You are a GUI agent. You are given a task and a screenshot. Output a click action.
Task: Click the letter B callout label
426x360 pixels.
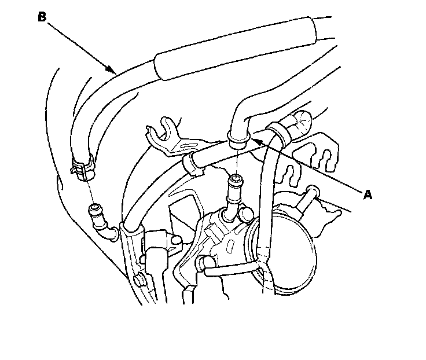pyautogui.click(x=42, y=17)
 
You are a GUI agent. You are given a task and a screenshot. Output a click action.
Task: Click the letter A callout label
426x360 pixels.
pyautogui.click(x=368, y=194)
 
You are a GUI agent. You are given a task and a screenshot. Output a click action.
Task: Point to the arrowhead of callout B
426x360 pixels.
pyautogui.click(x=113, y=70)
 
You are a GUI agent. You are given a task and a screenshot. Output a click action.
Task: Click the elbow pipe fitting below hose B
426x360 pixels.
pyautogui.click(x=102, y=222)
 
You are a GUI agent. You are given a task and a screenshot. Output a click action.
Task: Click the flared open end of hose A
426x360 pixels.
pyautogui.click(x=238, y=140)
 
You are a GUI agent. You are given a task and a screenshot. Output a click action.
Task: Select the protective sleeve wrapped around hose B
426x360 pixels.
pyautogui.click(x=235, y=49)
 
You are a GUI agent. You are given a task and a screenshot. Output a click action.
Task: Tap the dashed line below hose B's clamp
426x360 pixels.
pyautogui.click(x=90, y=192)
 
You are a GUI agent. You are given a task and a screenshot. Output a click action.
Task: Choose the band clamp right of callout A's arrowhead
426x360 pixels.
pyautogui.click(x=278, y=133)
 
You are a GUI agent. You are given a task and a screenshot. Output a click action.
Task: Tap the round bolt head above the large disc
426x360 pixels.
pyautogui.click(x=313, y=191)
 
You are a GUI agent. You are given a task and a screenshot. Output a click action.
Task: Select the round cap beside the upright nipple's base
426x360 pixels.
pyautogui.click(x=245, y=213)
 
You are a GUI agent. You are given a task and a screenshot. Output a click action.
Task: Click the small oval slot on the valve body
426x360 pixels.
pyautogui.click(x=231, y=246)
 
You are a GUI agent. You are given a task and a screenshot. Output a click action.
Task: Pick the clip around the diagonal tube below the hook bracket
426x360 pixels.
pyautogui.click(x=193, y=164)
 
